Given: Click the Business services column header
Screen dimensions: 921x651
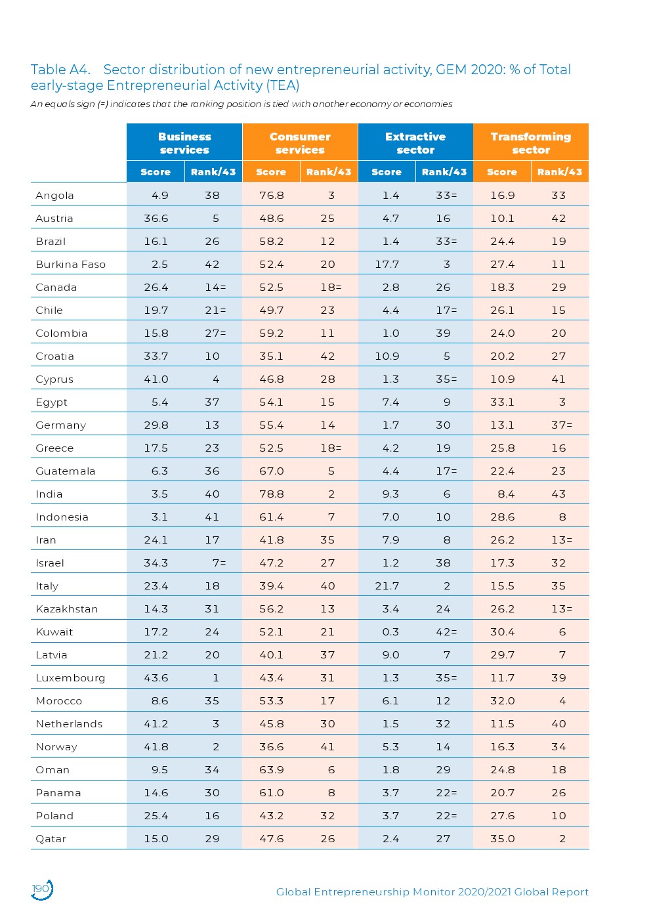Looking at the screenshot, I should pyautogui.click(x=184, y=143).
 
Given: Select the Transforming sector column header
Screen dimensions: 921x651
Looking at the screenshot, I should pyautogui.click(x=530, y=143).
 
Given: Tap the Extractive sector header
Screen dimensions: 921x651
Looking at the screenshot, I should pyautogui.click(x=415, y=143).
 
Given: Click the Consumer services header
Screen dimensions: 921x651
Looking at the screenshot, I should pyautogui.click(x=300, y=143).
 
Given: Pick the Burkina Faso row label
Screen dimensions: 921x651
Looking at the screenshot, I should pyautogui.click(x=70, y=265).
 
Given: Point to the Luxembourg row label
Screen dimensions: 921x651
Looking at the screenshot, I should pyautogui.click(x=70, y=678).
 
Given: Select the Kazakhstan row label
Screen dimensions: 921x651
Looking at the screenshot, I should pyautogui.click(x=66, y=609).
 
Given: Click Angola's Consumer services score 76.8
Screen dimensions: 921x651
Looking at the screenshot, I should pyautogui.click(x=271, y=196).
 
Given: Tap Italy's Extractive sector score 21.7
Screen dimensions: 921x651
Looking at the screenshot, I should pyautogui.click(x=387, y=586).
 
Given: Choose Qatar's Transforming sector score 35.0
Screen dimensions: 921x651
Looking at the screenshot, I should pyautogui.click(x=502, y=839).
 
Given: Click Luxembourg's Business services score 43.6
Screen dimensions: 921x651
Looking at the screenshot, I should pyautogui.click(x=156, y=678).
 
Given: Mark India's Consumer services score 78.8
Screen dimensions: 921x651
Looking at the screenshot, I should pyautogui.click(x=271, y=494).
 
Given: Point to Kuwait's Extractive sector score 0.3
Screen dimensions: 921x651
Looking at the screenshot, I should pyautogui.click(x=390, y=632).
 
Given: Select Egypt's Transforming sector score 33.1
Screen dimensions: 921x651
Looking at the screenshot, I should pyautogui.click(x=502, y=402).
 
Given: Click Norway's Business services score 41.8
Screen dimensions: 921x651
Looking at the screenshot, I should pyautogui.click(x=156, y=747).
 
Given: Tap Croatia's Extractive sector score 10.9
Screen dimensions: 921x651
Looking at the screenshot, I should pyautogui.click(x=387, y=356).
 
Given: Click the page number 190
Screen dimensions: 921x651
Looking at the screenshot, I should pyautogui.click(x=41, y=889).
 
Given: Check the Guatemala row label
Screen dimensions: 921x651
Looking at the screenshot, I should pyautogui.click(x=65, y=471).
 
